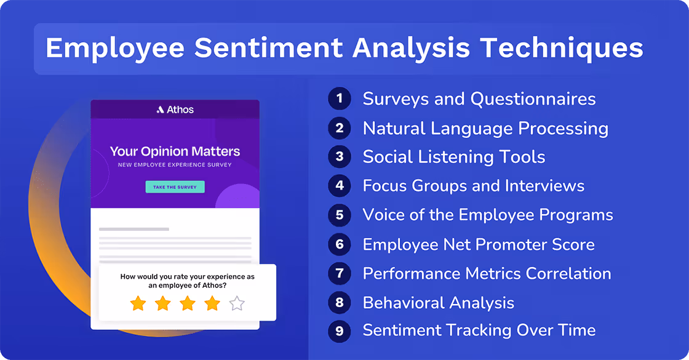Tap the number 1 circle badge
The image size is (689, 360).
tap(339, 98)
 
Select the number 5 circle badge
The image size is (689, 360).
tap(339, 215)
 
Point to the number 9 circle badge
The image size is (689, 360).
tap(339, 330)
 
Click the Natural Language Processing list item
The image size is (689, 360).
tap(485, 128)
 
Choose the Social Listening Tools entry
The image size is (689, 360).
tap(453, 157)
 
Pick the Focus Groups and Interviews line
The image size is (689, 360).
tap(473, 185)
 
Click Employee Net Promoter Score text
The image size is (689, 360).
tap(478, 244)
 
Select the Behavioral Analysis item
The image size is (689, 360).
tap(438, 303)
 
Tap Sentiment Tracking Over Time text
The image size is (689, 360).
tap(479, 330)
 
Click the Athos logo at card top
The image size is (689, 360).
tap(175, 110)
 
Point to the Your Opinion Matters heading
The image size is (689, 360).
tap(175, 151)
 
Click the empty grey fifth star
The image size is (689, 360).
tap(237, 303)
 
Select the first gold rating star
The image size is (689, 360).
tap(138, 303)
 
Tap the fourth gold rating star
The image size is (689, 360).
tap(212, 303)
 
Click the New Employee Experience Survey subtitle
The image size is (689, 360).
tap(175, 166)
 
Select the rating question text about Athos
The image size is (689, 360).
tap(187, 281)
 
